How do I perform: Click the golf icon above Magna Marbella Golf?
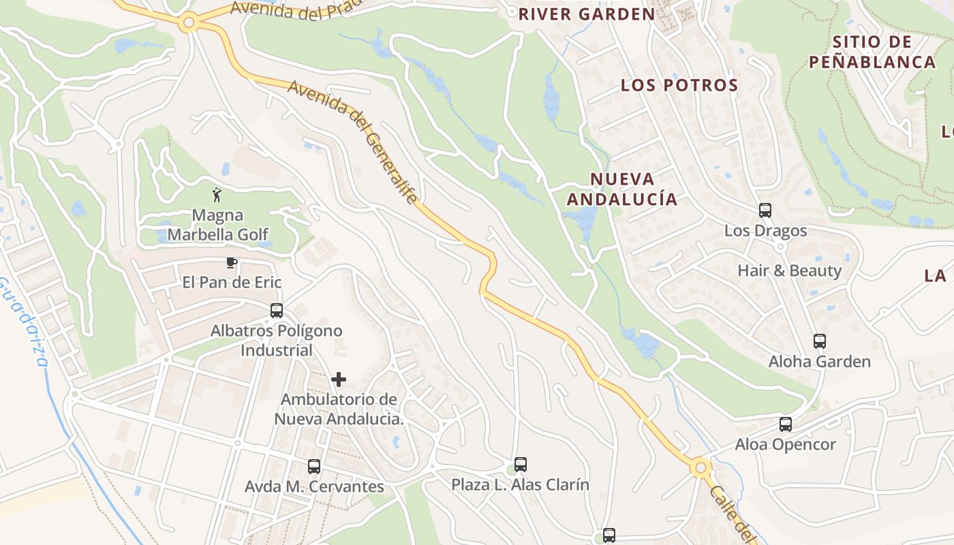pos(217,195)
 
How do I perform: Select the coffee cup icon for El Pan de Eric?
pos(232,262)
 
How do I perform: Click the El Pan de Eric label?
pos(232,282)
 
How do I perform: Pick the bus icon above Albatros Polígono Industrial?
pos(277,311)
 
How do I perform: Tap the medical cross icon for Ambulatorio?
pos(339,379)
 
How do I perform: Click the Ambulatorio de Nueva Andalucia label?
pos(339,409)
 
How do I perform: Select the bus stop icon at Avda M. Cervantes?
pos(314,467)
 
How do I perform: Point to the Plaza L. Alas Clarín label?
pos(520,484)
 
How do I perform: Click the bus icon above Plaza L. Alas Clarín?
pos(521,465)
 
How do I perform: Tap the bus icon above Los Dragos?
pos(765,211)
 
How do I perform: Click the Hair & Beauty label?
pos(789,270)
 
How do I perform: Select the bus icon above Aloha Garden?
pos(820,341)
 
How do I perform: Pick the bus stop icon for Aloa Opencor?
pos(786,424)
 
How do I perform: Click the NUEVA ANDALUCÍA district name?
pos(622,189)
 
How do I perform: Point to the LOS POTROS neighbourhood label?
pos(679,85)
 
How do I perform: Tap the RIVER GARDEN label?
pos(586,14)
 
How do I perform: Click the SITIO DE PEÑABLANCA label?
pos(872,52)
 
